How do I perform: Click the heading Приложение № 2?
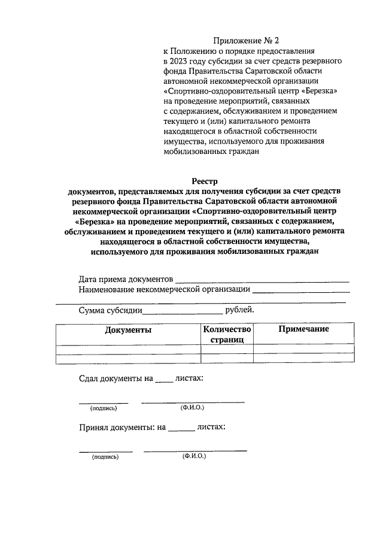click(x=246, y=41)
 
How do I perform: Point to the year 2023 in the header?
click(x=180, y=61)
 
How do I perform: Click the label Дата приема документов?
click(x=126, y=279)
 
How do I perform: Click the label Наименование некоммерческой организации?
click(x=165, y=289)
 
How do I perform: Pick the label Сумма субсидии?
click(x=110, y=310)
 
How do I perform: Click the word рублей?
click(x=239, y=310)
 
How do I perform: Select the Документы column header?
click(x=128, y=330)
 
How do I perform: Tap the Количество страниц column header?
click(x=227, y=334)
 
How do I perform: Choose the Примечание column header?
click(x=303, y=329)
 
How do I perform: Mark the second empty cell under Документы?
click(x=128, y=359)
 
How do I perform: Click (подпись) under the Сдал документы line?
click(x=103, y=408)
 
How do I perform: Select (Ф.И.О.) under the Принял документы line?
click(x=194, y=456)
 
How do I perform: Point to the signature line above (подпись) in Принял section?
click(x=106, y=450)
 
